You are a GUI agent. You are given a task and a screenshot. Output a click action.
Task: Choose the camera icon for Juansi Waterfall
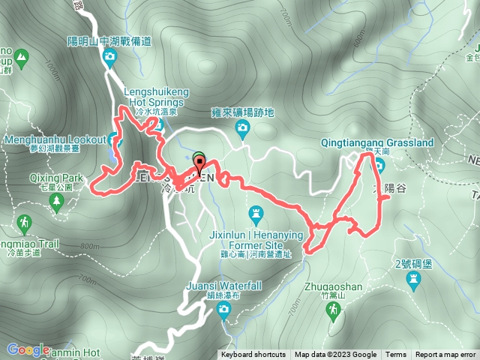[225, 315]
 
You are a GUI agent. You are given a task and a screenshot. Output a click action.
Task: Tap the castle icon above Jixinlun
[256, 215]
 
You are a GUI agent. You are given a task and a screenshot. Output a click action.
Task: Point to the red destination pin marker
[200, 166]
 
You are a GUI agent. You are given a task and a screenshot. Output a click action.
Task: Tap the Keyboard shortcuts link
[253, 355]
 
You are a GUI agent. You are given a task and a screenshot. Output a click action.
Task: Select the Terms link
[396, 355]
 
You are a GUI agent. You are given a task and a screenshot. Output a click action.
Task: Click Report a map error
[445, 355]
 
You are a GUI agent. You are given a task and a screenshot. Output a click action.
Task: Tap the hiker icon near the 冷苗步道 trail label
[24, 222]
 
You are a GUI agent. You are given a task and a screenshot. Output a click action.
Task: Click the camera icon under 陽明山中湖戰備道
[110, 57]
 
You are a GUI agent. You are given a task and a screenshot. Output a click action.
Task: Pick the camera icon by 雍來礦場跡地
[242, 129]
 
